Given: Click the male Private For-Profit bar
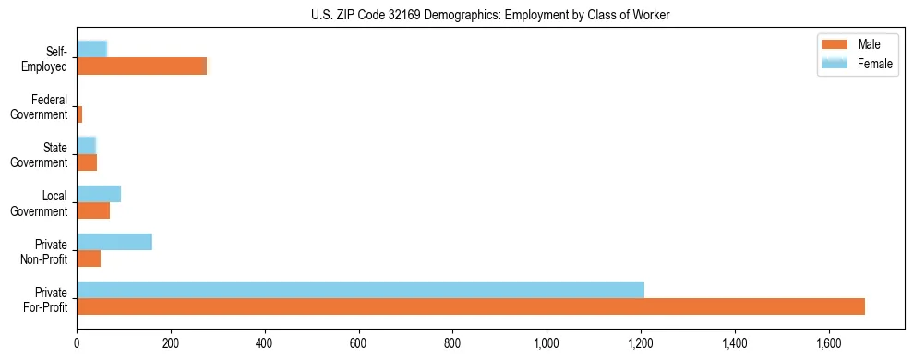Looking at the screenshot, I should [471, 306].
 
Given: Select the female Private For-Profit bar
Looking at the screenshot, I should [360, 290].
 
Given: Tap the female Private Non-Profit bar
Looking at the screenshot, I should [114, 242].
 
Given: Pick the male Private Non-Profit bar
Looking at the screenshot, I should [89, 258].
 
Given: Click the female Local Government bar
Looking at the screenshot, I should [99, 194].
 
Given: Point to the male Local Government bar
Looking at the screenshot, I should [93, 210].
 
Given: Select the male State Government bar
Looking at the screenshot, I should [87, 162].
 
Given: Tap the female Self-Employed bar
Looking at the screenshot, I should [91, 49].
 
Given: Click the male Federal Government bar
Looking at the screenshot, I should [79, 114].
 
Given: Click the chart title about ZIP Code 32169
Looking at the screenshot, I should [490, 15].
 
